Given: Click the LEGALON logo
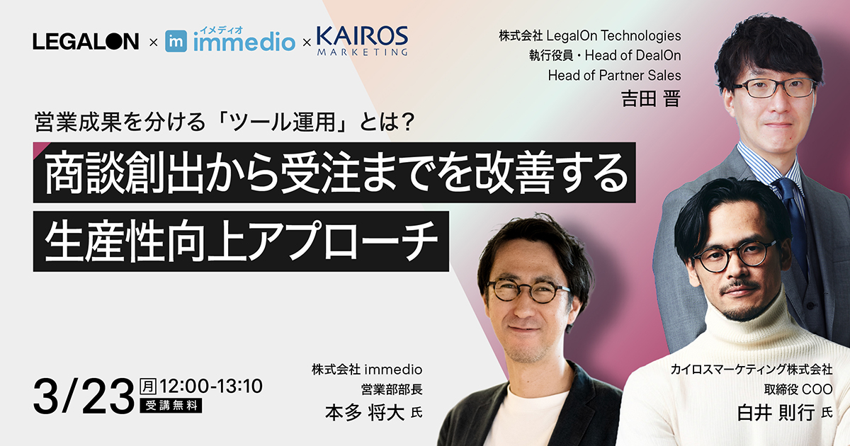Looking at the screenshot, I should pos(86,42).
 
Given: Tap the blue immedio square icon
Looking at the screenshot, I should pos(176,41).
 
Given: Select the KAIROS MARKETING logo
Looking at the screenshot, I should pos(362,40).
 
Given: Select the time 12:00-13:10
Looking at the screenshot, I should pos(212,387).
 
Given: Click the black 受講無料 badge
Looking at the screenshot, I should pos(172,406).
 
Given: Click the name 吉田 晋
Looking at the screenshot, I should pos(650,98).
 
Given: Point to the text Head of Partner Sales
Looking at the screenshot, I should pos(614,75).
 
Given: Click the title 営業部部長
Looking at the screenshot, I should pos(391,389).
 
